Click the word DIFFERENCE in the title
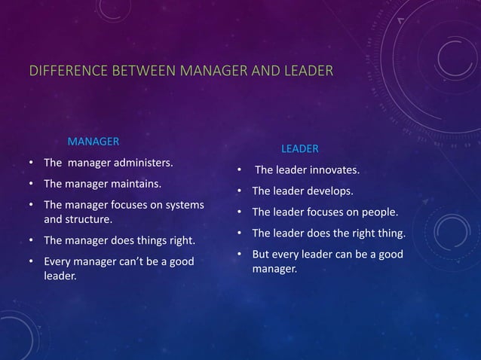coord(60,72)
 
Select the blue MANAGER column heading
coord(93,141)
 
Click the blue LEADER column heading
coord(299,148)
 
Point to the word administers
coord(143,163)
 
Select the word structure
coord(89,221)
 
